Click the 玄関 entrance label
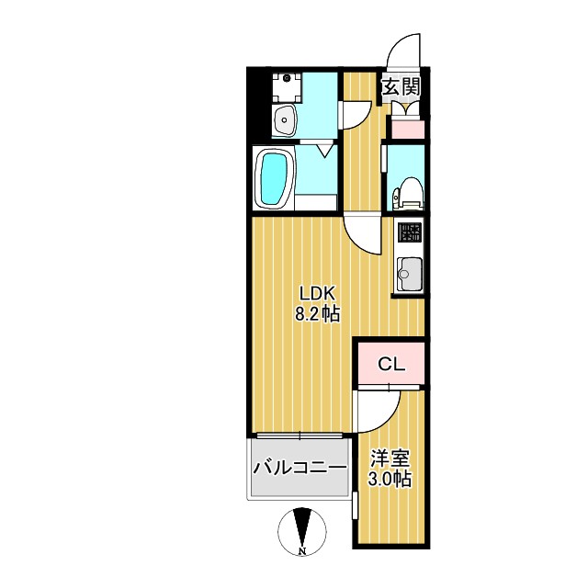coord(401,87)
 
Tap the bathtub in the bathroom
coord(273,178)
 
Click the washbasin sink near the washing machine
coord(285,119)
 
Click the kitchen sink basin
coord(410,273)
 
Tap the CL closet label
coord(391,364)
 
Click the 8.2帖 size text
coord(317,314)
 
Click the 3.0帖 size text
coord(390,479)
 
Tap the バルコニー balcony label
coord(300,468)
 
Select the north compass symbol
coord(301,529)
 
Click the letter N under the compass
coord(301,551)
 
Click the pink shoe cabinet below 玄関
coord(405,128)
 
